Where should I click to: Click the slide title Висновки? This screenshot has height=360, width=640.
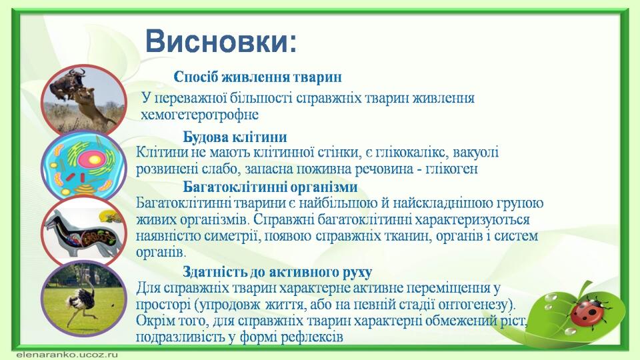tap(221, 41)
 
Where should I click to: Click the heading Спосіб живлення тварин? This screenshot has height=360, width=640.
tap(257, 77)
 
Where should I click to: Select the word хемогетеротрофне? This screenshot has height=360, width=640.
tap(199, 115)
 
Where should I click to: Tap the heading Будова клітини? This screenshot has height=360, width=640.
tap(235, 137)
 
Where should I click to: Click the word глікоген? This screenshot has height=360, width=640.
tap(451, 169)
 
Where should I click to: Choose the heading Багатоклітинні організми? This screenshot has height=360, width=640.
tap(270, 187)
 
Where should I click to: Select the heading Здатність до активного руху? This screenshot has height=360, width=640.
tap(277, 272)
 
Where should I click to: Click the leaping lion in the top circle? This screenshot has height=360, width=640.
tap(92, 105)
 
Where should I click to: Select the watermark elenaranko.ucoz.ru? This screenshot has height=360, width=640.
tap(67, 354)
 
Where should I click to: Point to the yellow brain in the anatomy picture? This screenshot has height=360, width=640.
tap(111, 215)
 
